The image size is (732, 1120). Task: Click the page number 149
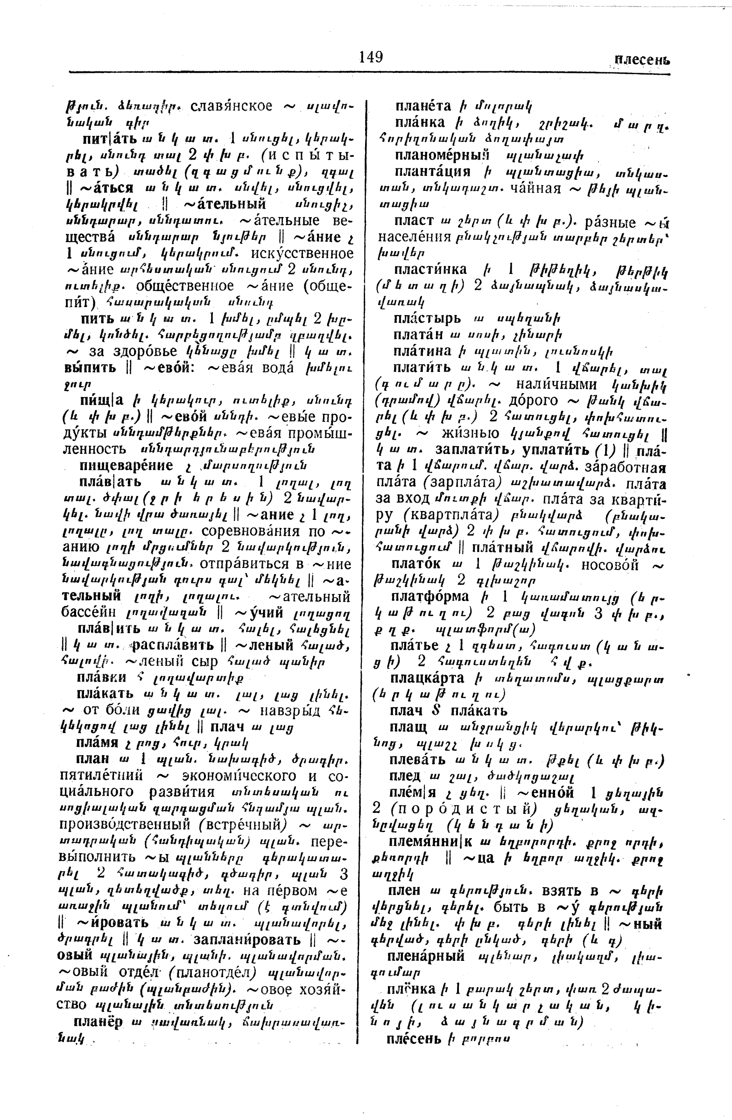(x=371, y=57)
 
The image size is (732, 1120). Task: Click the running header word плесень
(x=642, y=60)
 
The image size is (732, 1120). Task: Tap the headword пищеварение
(x=126, y=465)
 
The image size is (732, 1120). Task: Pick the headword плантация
(x=432, y=171)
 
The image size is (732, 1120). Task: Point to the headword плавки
(x=101, y=678)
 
